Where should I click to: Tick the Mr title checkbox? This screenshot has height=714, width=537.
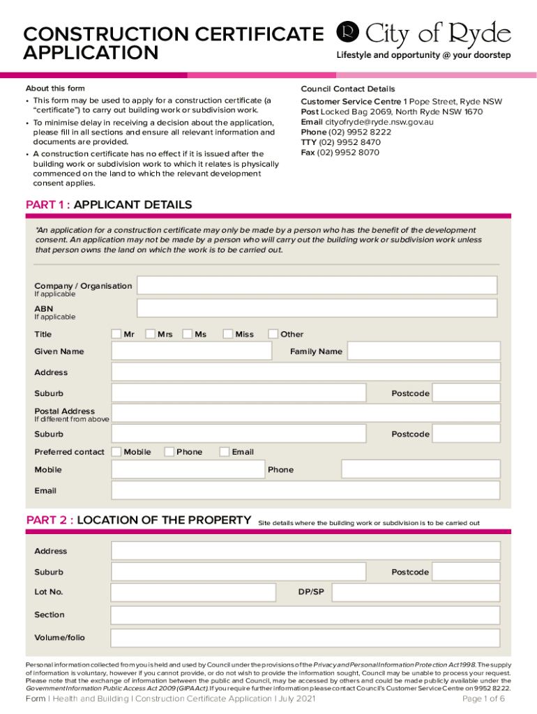[x=116, y=334]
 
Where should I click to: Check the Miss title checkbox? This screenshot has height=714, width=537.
[x=228, y=334]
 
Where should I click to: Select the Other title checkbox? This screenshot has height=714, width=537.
[x=273, y=334]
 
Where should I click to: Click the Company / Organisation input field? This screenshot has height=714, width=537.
[x=317, y=285]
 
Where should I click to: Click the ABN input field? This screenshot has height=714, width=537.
[x=317, y=308]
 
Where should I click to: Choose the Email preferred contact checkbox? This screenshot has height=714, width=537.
[x=225, y=452]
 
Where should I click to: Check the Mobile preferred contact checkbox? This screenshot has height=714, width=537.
[x=116, y=452]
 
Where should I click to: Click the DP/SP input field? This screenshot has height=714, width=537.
[x=416, y=592]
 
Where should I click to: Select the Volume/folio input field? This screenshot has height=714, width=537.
[x=305, y=637]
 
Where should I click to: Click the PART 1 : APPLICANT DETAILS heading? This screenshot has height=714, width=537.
[x=109, y=205]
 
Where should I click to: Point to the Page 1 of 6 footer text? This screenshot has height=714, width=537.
[x=483, y=699]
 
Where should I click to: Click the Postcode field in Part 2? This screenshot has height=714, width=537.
[x=465, y=572]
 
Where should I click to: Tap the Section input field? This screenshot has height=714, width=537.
[x=305, y=615]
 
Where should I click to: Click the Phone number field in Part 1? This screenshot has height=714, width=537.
[x=421, y=469]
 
